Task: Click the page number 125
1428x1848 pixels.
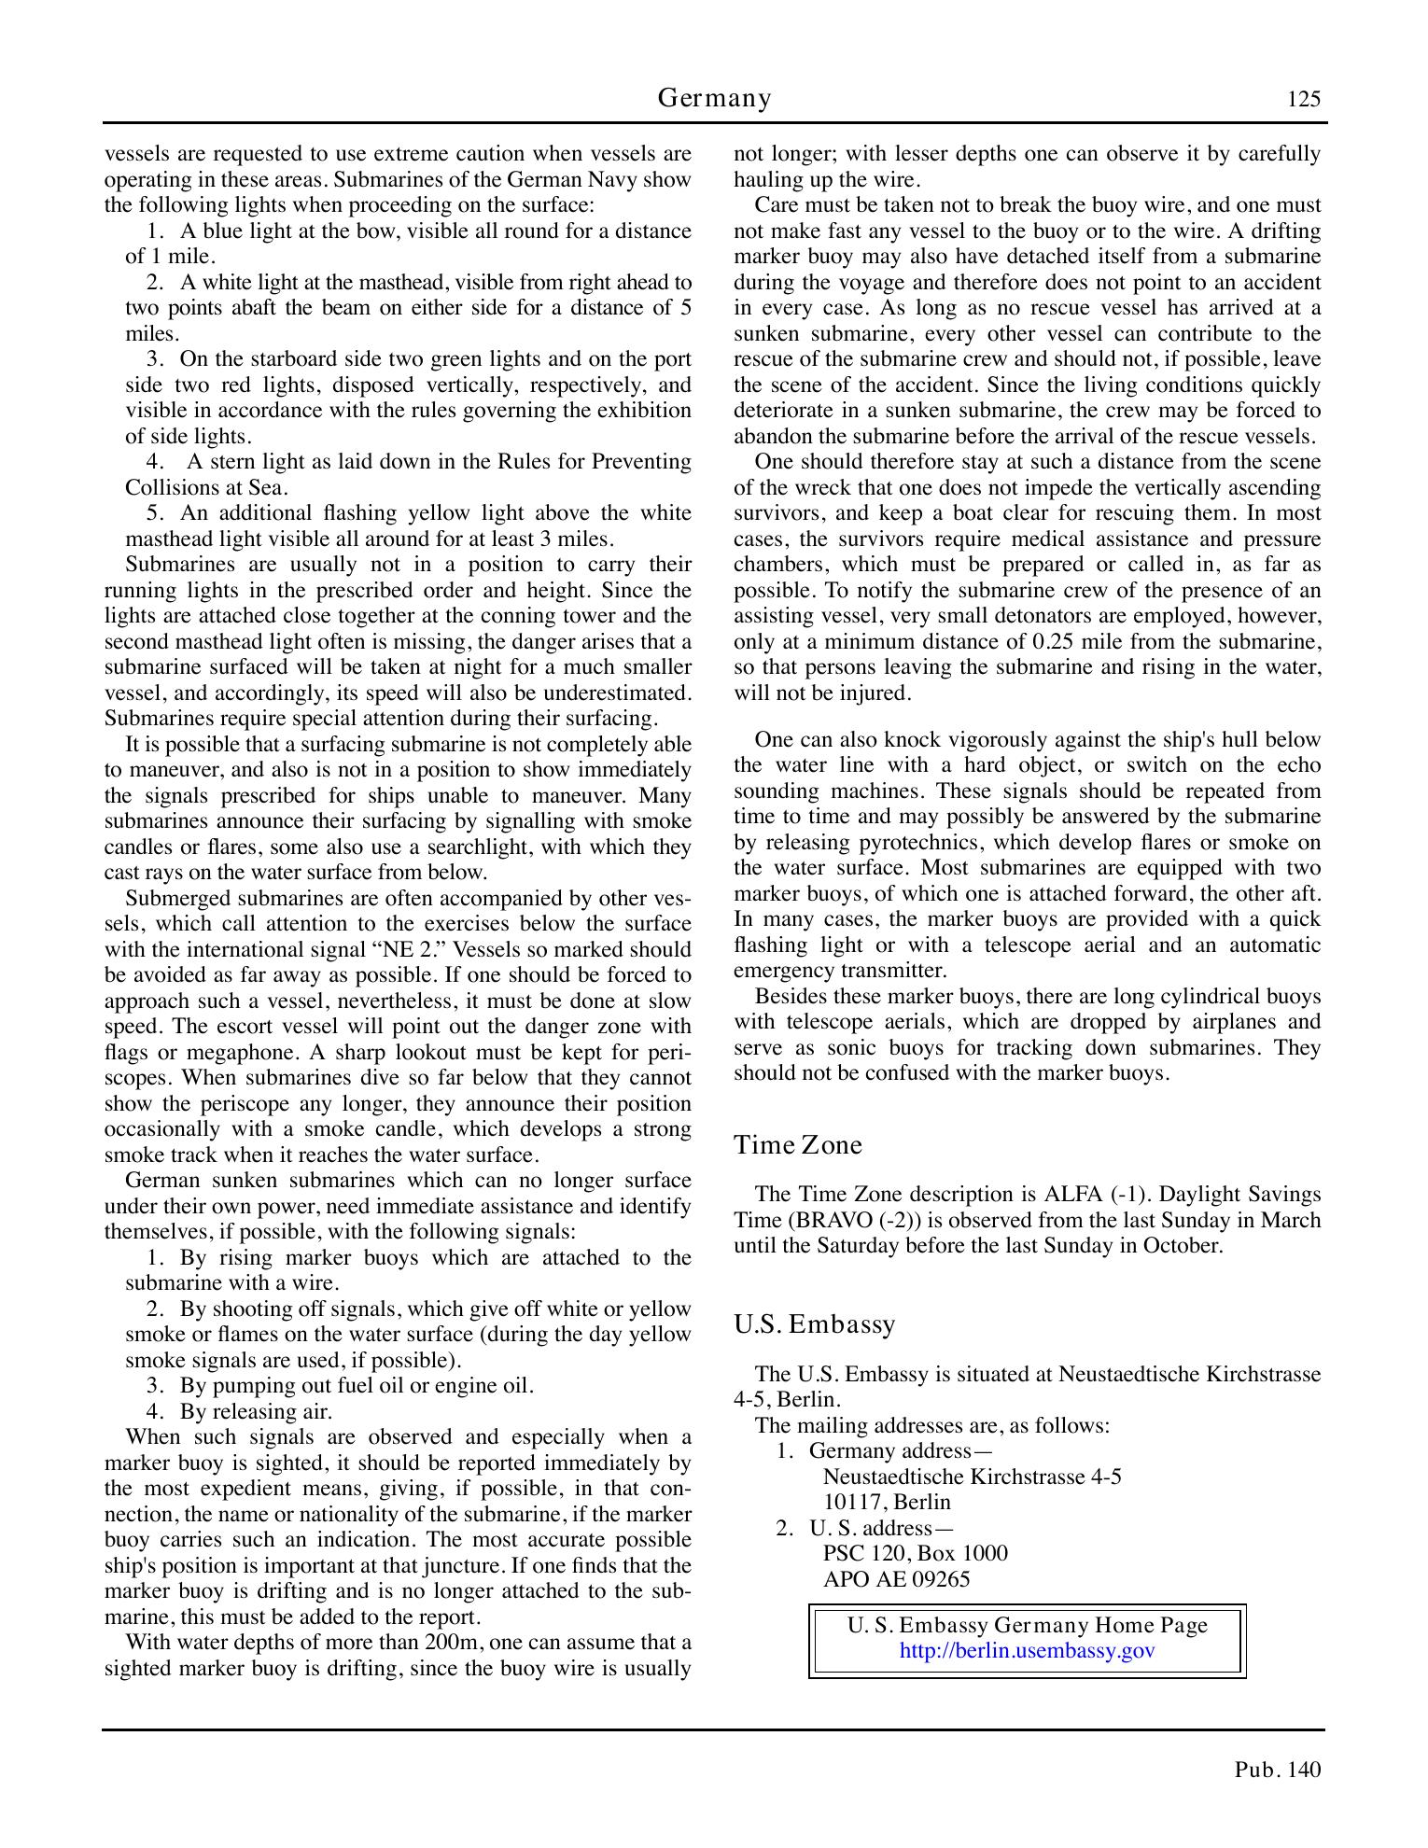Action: [1303, 99]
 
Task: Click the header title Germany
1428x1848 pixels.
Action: [714, 98]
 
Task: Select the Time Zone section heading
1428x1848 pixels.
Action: [797, 1145]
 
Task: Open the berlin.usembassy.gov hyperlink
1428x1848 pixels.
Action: [1027, 1650]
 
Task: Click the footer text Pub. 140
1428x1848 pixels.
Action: [1278, 1770]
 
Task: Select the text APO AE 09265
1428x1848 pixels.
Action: [896, 1579]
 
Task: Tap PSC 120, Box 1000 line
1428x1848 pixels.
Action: [915, 1554]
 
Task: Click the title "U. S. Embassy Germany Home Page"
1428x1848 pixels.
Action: [1027, 1626]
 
